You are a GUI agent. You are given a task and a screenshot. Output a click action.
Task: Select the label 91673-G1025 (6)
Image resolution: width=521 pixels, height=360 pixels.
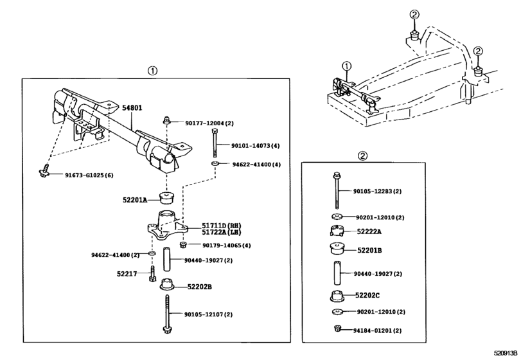pyautogui.click(x=87, y=175)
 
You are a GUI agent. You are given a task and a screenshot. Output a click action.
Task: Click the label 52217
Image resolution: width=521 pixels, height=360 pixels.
pyautogui.click(x=127, y=273)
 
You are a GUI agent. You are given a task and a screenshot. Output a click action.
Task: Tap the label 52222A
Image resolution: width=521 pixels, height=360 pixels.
pyautogui.click(x=368, y=231)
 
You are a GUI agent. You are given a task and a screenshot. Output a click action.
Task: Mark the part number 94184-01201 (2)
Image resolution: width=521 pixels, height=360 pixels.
pyautogui.click(x=377, y=330)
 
